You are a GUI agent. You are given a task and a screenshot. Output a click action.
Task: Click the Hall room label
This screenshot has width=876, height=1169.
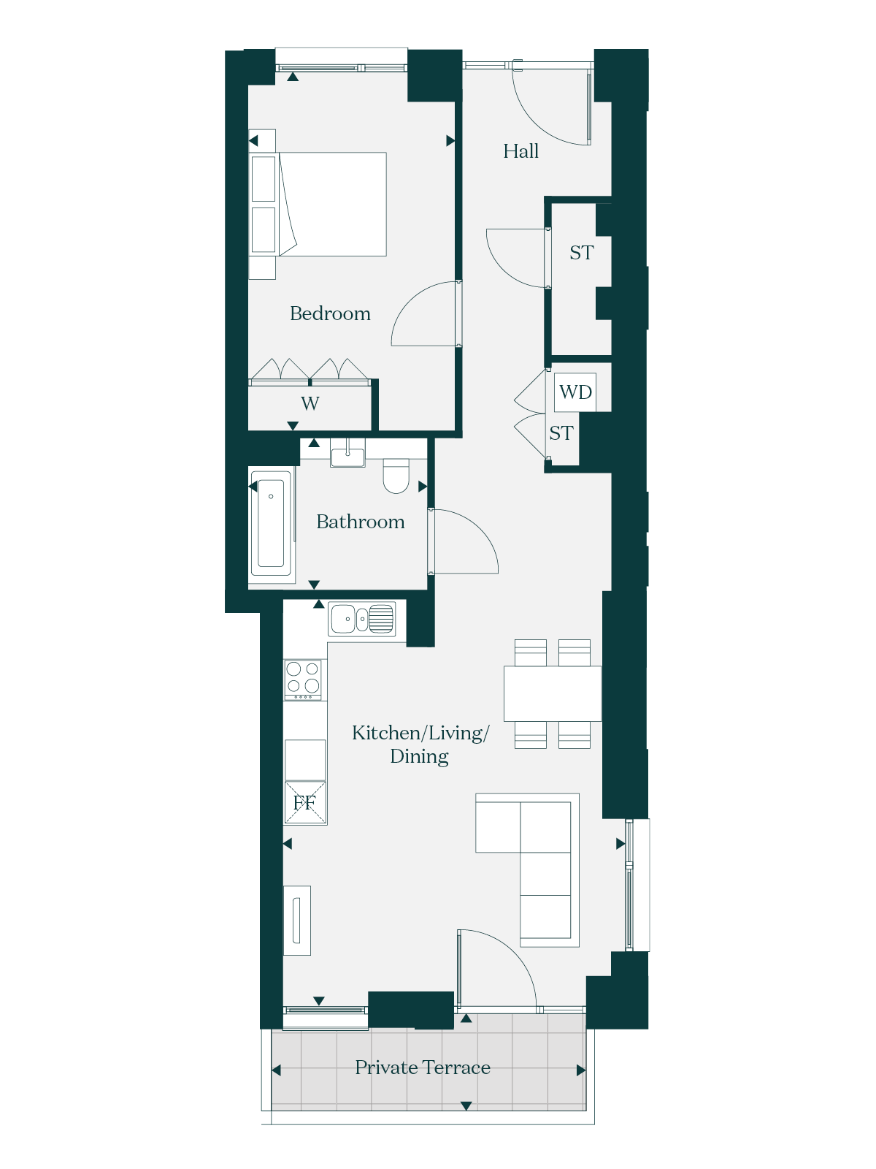520,151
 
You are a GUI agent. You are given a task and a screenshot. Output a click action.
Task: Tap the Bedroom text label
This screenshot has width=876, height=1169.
330,313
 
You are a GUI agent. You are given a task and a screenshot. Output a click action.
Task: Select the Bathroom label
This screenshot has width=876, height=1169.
360,522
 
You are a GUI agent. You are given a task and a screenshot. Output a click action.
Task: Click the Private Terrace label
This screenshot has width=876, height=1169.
423,1067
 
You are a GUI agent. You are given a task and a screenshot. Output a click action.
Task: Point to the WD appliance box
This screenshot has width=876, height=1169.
575,392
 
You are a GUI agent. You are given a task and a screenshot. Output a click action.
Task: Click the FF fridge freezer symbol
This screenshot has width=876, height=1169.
304,802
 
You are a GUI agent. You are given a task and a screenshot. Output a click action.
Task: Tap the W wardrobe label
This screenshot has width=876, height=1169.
310,403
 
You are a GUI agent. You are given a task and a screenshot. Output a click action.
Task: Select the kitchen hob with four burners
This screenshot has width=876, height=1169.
303,679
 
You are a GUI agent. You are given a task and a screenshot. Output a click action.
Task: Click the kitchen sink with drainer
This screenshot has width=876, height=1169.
361,619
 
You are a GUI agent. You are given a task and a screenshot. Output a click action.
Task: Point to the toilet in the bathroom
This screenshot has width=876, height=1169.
396,476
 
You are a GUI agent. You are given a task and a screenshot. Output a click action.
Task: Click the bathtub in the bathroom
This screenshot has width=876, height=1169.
271,523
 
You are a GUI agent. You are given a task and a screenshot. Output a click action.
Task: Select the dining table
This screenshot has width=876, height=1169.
553,693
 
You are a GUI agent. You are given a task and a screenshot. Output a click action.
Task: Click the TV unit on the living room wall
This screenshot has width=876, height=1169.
297,921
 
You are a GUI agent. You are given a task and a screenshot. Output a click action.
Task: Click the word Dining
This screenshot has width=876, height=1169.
419,757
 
